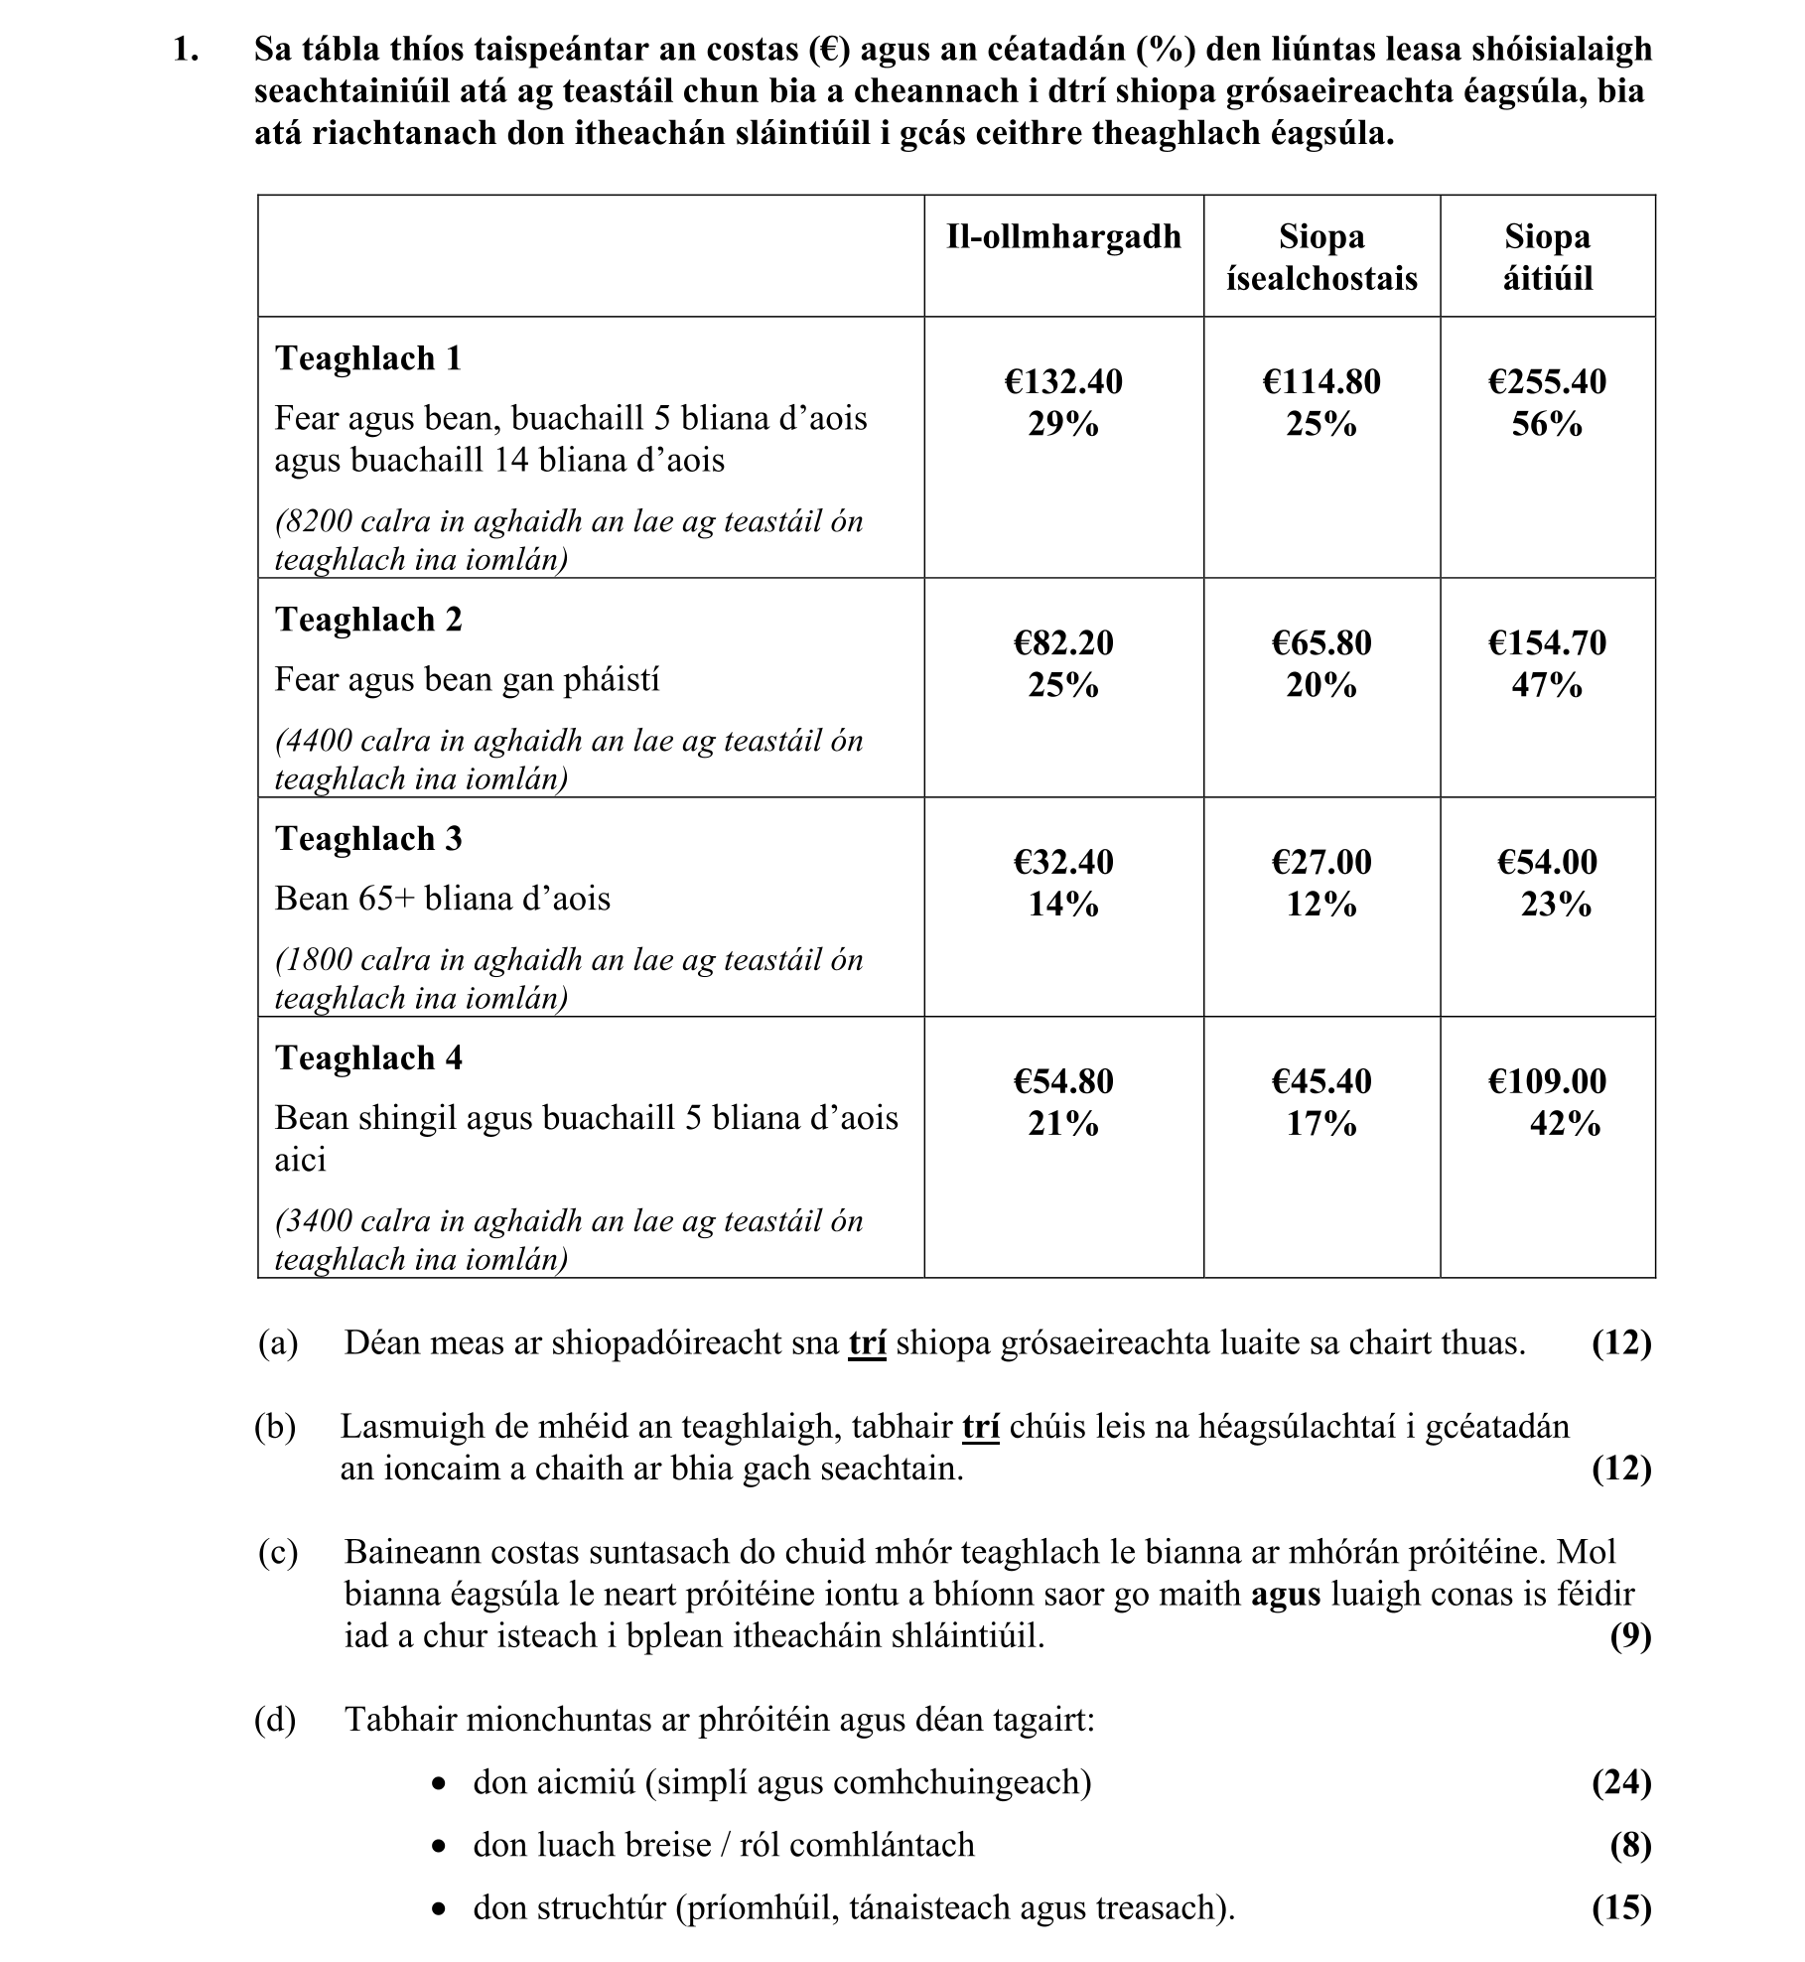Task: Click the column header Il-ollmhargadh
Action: tap(1063, 236)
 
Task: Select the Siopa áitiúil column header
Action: tap(1547, 256)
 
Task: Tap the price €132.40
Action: tap(1063, 381)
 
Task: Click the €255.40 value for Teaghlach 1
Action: tap(1547, 381)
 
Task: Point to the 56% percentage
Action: tap(1547, 425)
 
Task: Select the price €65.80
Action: tap(1321, 642)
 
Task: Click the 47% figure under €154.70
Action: tap(1547, 686)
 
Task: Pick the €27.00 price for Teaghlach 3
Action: tap(1321, 862)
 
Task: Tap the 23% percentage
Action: tap(1556, 906)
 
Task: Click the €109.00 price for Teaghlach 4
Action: tap(1547, 1081)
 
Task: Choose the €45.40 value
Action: tap(1321, 1081)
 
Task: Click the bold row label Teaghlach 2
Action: tap(368, 620)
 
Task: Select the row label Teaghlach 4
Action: tap(368, 1058)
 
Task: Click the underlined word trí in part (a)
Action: tap(867, 1343)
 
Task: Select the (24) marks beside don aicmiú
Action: tap(1621, 1782)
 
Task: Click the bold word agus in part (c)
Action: tap(1286, 1594)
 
